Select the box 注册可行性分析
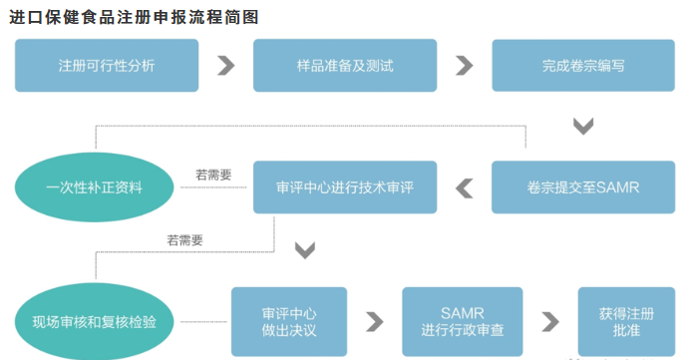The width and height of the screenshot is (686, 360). click(x=105, y=65)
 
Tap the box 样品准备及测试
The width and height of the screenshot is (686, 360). click(x=345, y=65)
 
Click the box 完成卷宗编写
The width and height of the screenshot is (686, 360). click(x=583, y=65)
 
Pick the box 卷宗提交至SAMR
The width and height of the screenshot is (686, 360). click(x=583, y=186)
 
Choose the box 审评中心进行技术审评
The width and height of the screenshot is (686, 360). click(x=345, y=186)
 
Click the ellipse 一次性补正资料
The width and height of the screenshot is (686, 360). click(x=94, y=186)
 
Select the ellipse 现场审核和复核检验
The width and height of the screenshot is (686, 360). click(x=94, y=321)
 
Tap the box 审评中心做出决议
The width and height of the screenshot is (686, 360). click(x=289, y=321)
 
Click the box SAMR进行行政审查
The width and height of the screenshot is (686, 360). click(x=461, y=321)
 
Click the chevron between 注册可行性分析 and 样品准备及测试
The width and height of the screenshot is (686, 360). click(x=226, y=65)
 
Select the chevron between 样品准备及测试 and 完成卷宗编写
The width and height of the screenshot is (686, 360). click(x=465, y=65)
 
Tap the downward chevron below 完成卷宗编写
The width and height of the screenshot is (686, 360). click(x=583, y=126)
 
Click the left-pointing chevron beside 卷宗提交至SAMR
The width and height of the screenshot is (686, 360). click(x=466, y=186)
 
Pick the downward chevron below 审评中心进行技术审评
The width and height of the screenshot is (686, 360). click(x=305, y=249)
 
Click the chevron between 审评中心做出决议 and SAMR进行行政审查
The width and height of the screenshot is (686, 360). click(x=375, y=321)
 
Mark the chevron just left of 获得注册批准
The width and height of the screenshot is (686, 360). click(x=549, y=321)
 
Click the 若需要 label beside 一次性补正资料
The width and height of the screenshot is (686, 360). click(x=213, y=175)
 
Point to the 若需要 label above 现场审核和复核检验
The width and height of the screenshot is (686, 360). click(x=185, y=239)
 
